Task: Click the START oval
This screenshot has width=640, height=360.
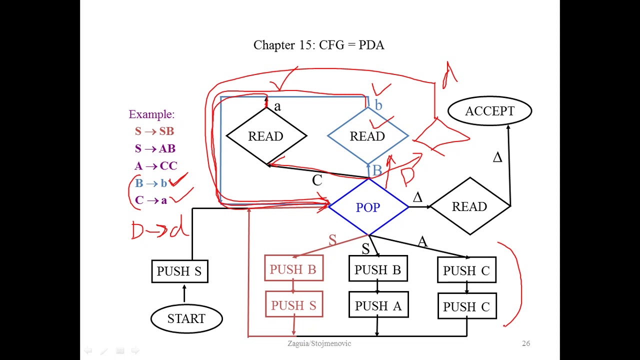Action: point(186,318)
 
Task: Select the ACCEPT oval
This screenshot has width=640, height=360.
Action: point(489,111)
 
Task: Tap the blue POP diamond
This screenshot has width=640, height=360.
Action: point(368,207)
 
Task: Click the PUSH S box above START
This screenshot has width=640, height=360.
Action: point(179,271)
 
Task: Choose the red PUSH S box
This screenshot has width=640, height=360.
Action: point(294,305)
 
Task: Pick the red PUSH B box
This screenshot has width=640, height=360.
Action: point(293,269)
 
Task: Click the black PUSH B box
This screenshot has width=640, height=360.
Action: point(378,270)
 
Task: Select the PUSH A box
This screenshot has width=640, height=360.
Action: point(378,306)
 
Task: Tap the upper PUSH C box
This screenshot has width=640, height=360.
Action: point(466,270)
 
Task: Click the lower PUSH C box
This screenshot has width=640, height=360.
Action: point(466,306)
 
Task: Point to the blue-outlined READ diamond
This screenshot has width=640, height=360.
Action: point(367,136)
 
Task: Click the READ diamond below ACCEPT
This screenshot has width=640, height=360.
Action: point(469,206)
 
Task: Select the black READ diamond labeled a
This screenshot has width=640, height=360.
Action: point(265,136)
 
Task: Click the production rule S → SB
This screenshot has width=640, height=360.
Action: point(154,131)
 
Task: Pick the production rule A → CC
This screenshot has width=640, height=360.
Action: point(155,166)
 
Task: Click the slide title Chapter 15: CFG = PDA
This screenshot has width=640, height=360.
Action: point(319,45)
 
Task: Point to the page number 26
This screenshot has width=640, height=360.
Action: point(526,343)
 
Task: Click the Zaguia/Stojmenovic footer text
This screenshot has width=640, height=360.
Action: point(319,343)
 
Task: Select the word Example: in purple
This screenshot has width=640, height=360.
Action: point(151,114)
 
